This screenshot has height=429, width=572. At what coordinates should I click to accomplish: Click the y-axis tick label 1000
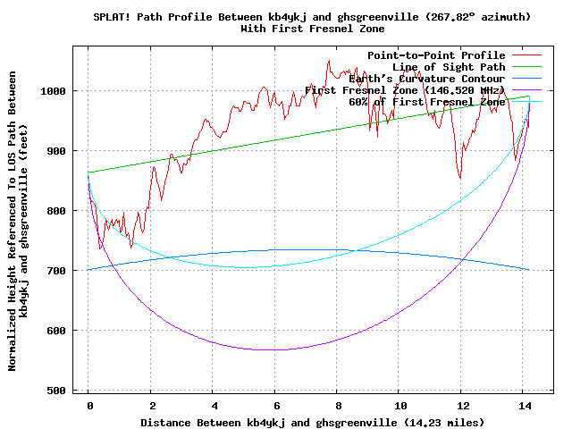(61, 91)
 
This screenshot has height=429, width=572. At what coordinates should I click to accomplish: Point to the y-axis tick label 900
(64, 151)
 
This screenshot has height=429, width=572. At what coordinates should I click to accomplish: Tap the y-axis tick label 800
(64, 211)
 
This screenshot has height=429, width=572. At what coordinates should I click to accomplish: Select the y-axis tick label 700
(64, 271)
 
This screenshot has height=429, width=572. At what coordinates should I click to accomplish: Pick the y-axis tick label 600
(64, 331)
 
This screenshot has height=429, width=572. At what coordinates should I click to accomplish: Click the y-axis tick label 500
(64, 391)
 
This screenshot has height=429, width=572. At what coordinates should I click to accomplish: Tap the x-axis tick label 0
(88, 405)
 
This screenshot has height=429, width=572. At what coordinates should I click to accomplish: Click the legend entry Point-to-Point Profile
(436, 55)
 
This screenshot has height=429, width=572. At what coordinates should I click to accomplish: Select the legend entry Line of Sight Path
(449, 67)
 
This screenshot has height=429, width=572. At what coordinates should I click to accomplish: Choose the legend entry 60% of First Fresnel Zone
(426, 102)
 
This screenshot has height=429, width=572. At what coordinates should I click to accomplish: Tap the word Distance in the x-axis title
(169, 421)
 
